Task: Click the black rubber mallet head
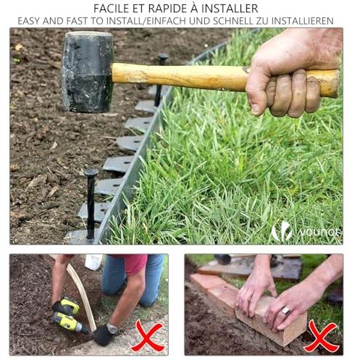point(88,72)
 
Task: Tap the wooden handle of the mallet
point(179,77)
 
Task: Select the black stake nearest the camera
point(91,204)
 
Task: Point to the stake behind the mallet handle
point(160,80)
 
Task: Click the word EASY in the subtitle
point(28,21)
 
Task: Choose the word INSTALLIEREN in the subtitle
point(303,21)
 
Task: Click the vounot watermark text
point(321,233)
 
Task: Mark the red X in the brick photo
point(321,336)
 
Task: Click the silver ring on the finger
point(285,310)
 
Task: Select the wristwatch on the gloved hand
point(112,329)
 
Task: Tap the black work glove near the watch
point(103,335)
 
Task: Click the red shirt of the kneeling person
point(135,264)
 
